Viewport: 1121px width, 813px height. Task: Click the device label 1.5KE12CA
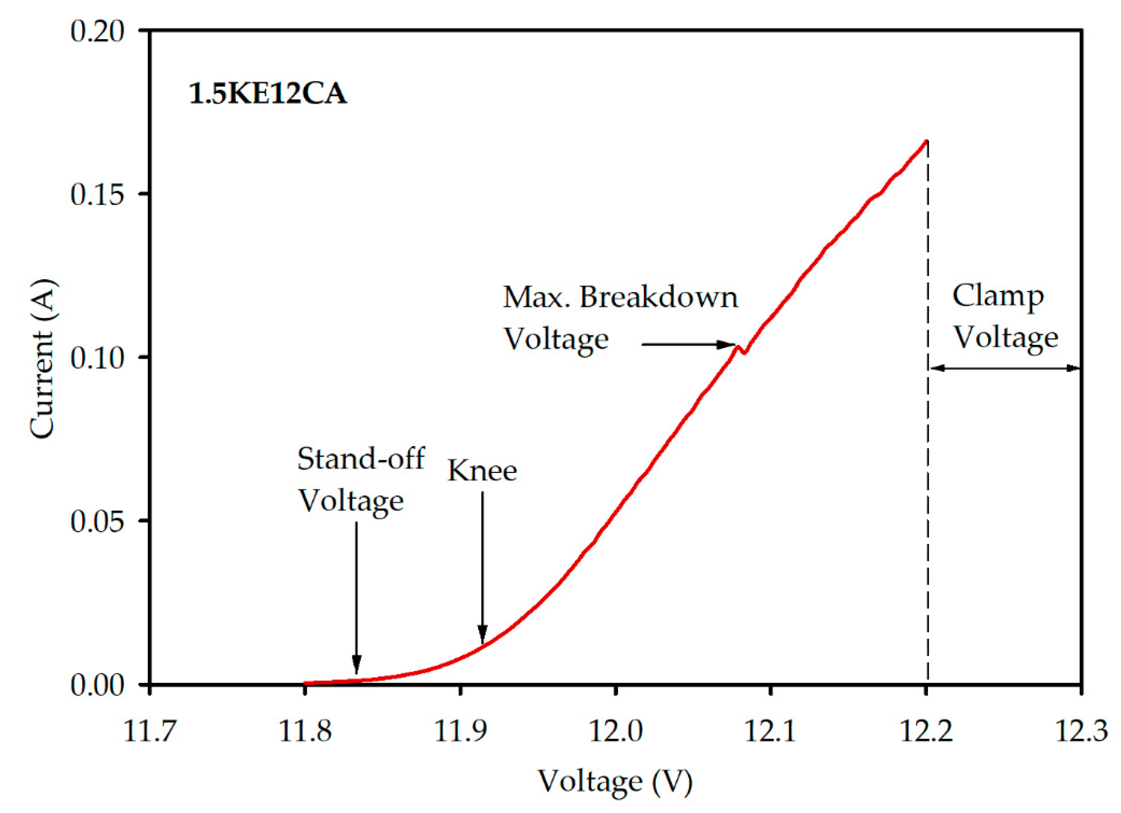(268, 93)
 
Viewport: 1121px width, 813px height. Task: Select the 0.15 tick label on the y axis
(97, 194)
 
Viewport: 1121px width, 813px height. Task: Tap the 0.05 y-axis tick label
(97, 521)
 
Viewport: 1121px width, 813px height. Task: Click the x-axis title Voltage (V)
(615, 782)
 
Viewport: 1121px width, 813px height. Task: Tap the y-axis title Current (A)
(41, 359)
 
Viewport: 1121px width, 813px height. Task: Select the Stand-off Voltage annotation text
(360, 479)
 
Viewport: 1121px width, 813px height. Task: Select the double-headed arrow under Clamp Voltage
(1005, 368)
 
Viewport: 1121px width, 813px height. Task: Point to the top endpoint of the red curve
(926, 142)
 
